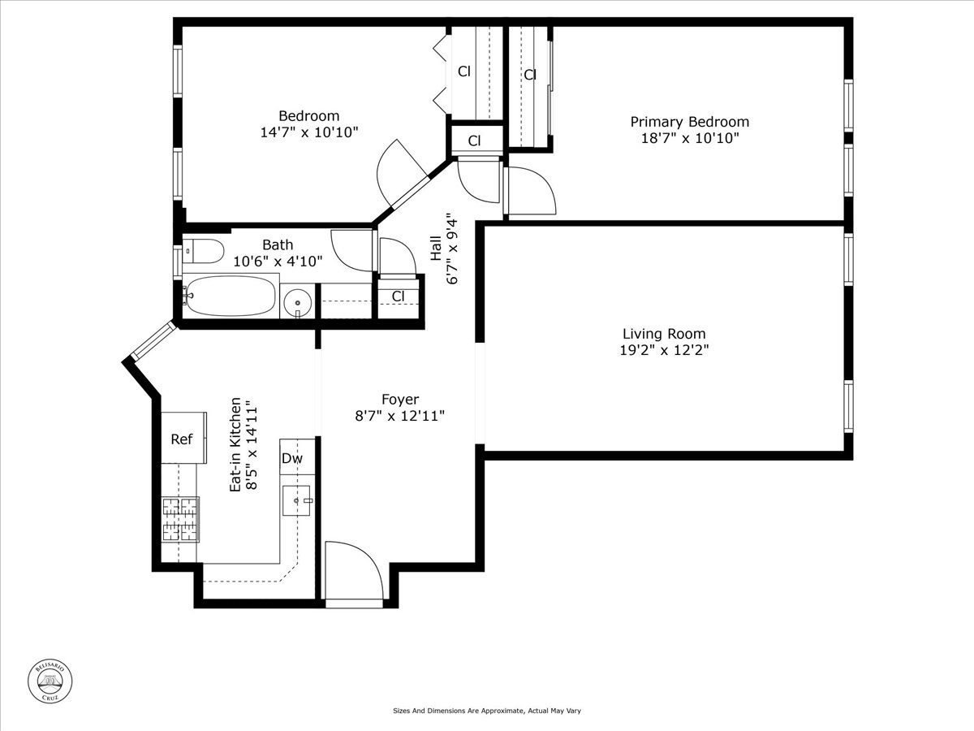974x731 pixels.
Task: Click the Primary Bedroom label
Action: pyautogui.click(x=689, y=122)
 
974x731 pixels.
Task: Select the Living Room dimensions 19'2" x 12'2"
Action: pyautogui.click(x=664, y=351)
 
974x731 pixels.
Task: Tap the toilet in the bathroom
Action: pyautogui.click(x=203, y=253)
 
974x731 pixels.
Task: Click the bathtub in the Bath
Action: pyautogui.click(x=231, y=297)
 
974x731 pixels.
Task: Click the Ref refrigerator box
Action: pyautogui.click(x=183, y=439)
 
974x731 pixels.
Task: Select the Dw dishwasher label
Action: pyautogui.click(x=291, y=459)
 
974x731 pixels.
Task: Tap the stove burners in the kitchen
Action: pyautogui.click(x=181, y=520)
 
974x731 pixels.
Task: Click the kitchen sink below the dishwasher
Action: pyautogui.click(x=296, y=501)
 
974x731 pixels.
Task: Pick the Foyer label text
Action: pyautogui.click(x=400, y=400)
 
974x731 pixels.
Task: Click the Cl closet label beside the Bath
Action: pyautogui.click(x=398, y=296)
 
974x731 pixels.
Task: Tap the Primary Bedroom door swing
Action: pyautogui.click(x=528, y=191)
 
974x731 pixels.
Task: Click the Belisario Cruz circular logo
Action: pyautogui.click(x=51, y=680)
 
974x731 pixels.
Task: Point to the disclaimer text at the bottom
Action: pyautogui.click(x=487, y=711)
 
